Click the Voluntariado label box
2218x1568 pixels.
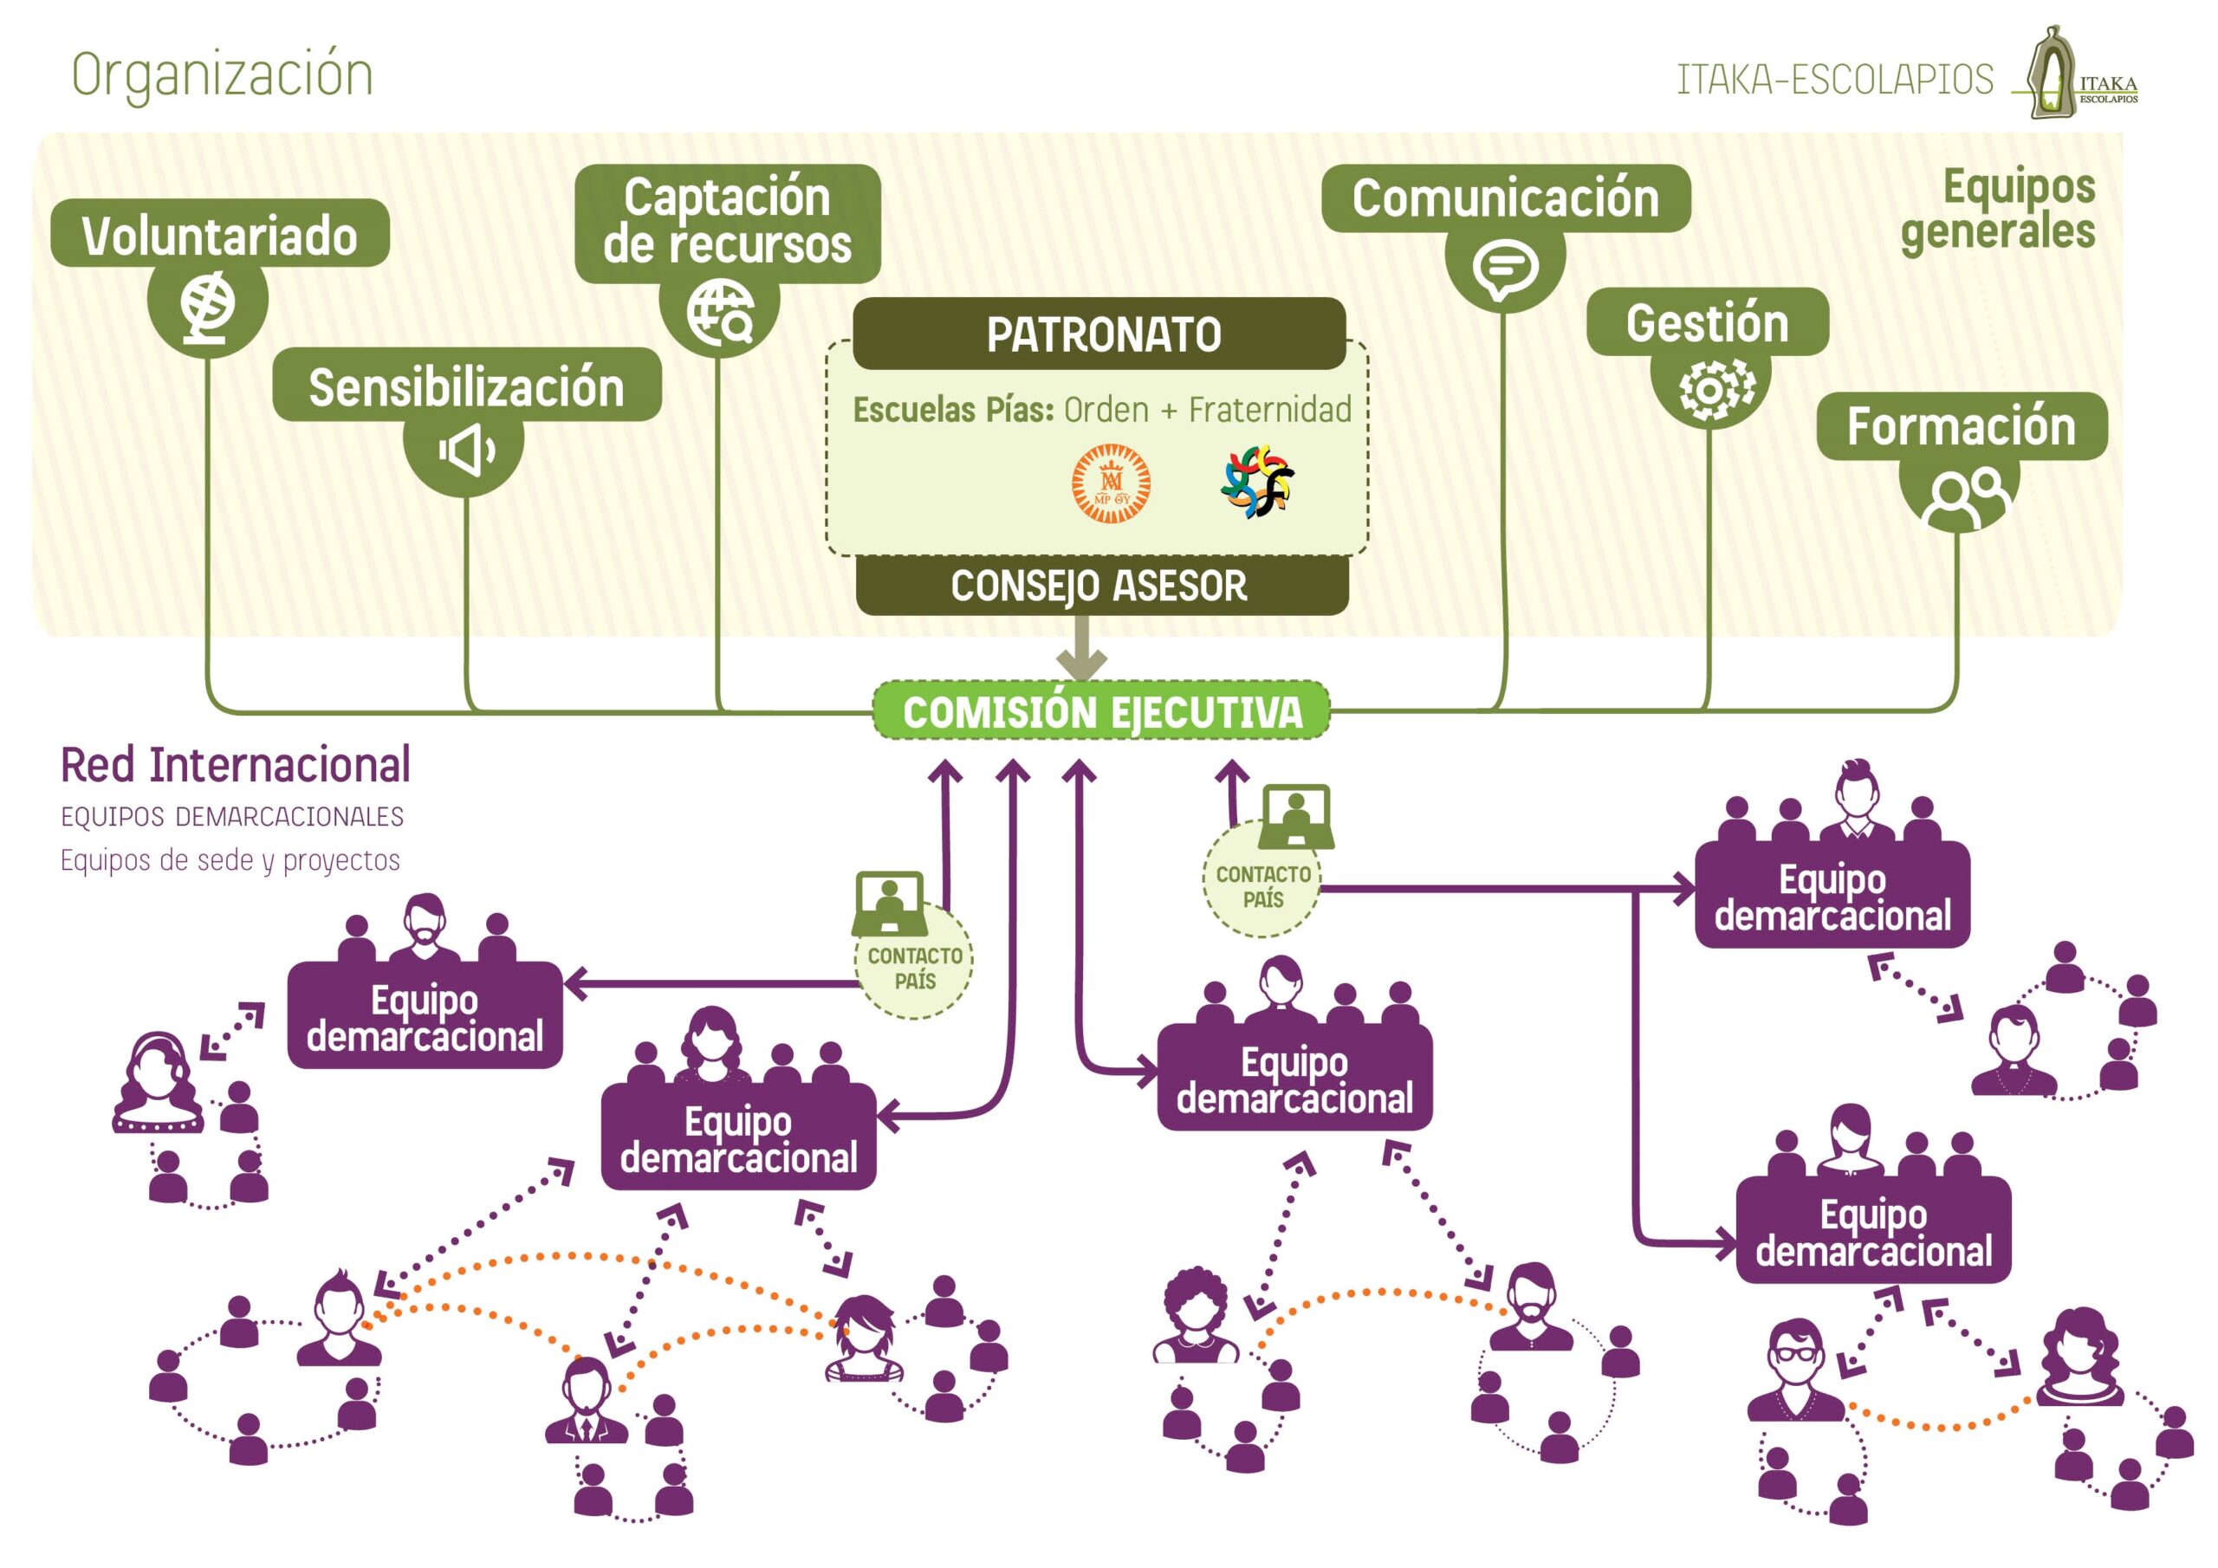click(x=219, y=234)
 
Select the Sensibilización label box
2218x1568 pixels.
click(x=467, y=386)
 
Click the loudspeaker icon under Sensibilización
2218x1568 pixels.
click(x=464, y=450)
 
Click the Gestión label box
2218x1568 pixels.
click(x=1707, y=321)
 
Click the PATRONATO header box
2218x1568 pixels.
click(x=1099, y=334)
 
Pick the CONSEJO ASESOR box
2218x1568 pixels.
click(x=1101, y=586)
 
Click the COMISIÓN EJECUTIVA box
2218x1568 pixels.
click(x=1101, y=712)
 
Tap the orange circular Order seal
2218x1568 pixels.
click(x=1111, y=483)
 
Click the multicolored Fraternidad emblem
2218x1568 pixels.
click(x=1257, y=480)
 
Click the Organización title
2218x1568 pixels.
click(x=222, y=75)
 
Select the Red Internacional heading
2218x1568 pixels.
click(x=236, y=765)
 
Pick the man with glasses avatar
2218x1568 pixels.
click(x=1795, y=1369)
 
